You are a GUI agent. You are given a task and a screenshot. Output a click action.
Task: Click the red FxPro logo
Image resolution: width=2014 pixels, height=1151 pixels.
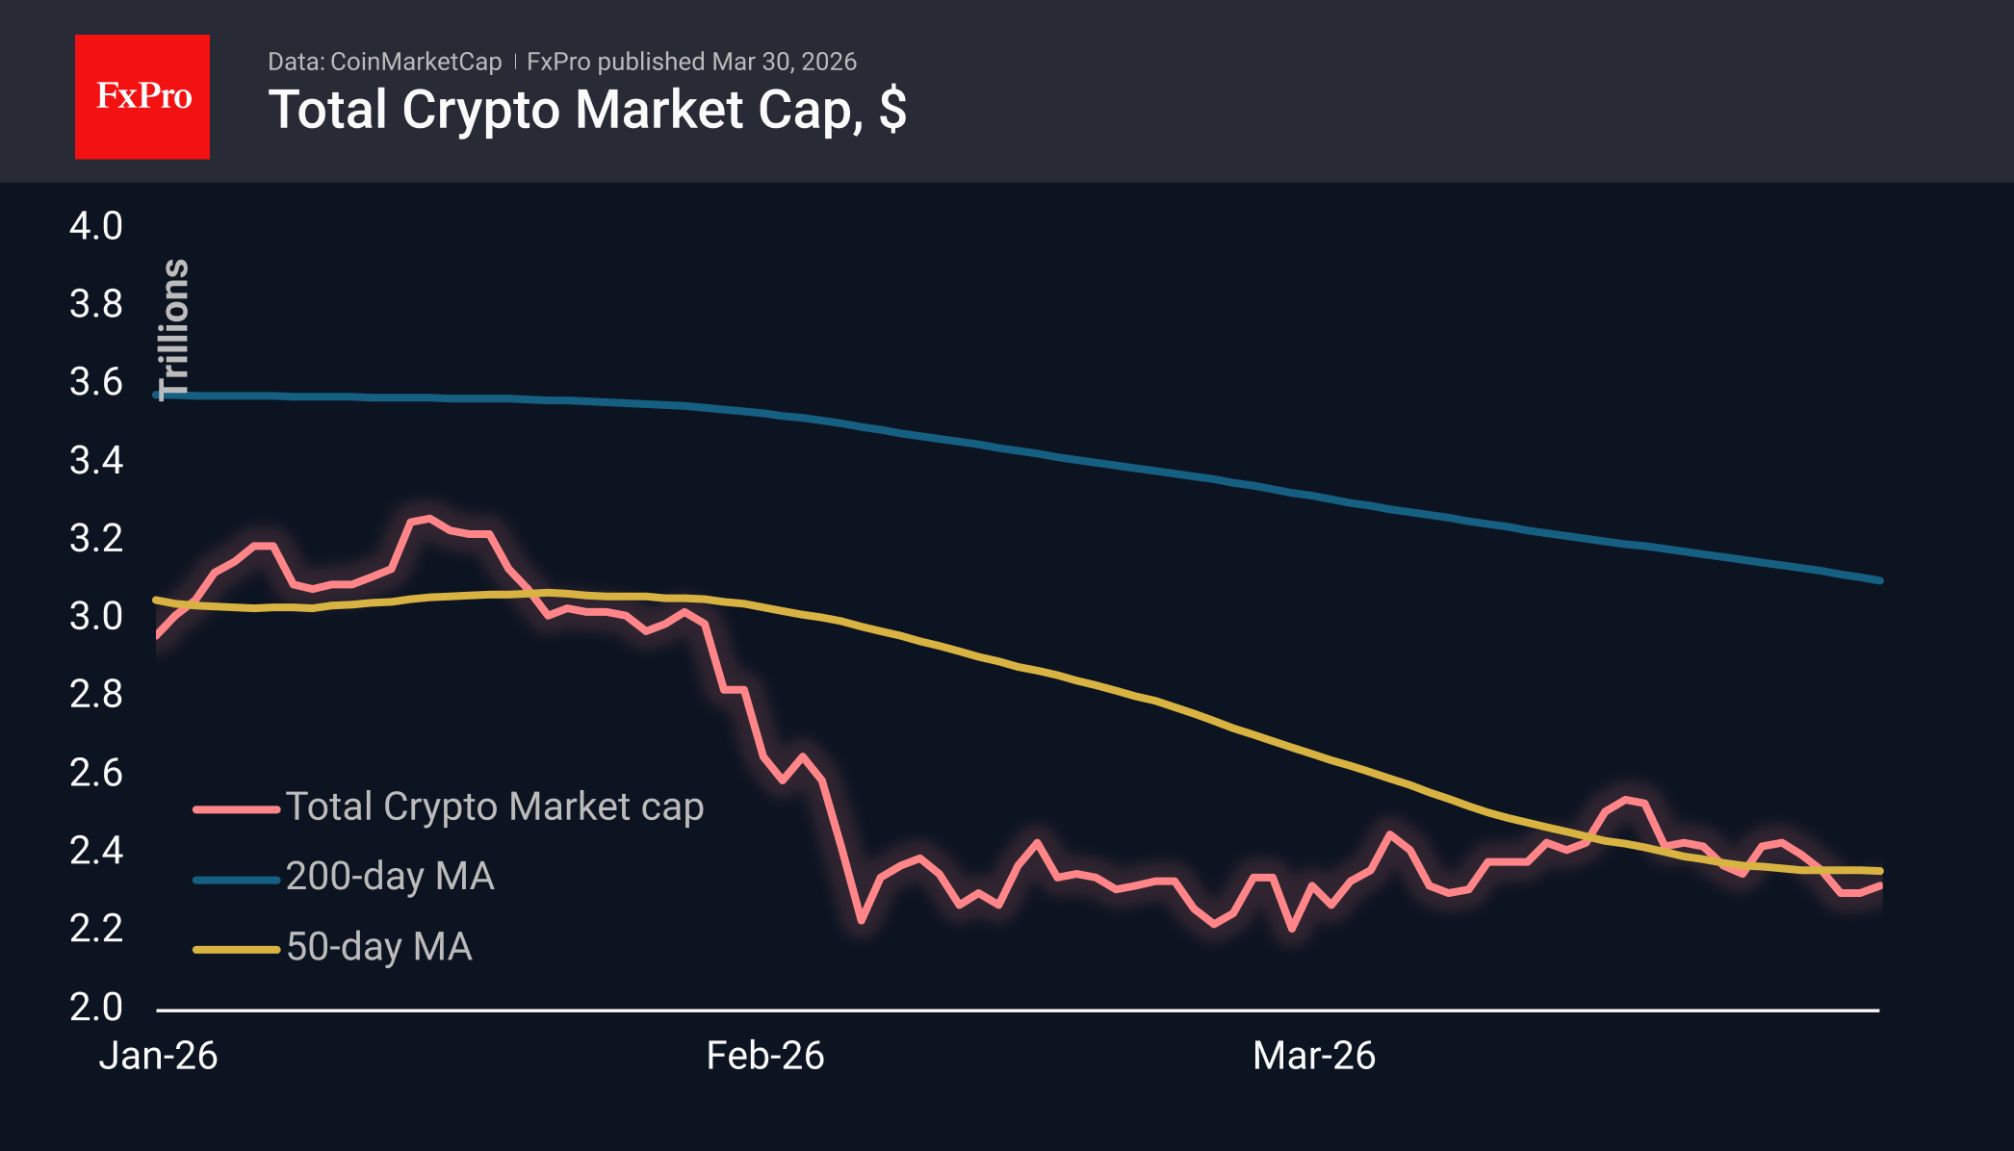click(x=142, y=96)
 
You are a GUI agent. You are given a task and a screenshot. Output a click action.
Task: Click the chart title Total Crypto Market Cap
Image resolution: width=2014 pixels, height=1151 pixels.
click(x=586, y=110)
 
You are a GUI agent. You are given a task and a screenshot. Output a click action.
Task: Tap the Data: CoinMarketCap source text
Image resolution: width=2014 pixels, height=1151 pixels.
click(x=384, y=62)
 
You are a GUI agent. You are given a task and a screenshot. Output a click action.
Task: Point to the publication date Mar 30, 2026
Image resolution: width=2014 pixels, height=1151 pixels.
click(x=784, y=62)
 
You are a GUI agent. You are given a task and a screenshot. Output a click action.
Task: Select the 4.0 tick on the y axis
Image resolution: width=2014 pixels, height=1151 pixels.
click(x=95, y=226)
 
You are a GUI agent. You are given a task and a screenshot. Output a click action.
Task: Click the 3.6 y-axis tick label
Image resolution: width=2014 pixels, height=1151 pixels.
click(x=95, y=382)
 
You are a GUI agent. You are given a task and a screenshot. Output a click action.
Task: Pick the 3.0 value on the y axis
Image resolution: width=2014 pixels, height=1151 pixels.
click(x=95, y=616)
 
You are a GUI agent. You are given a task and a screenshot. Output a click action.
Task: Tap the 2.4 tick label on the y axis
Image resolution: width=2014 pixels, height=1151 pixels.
click(x=95, y=851)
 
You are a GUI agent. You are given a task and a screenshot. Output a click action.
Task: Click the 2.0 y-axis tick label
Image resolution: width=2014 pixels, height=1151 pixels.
click(x=95, y=1007)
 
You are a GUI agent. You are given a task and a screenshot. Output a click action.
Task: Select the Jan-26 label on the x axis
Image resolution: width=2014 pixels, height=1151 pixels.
click(x=158, y=1056)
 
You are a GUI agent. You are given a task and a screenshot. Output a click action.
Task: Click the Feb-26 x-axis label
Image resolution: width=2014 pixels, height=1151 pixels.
click(x=765, y=1056)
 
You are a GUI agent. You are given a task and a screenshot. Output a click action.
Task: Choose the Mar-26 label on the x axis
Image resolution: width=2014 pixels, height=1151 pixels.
click(x=1314, y=1056)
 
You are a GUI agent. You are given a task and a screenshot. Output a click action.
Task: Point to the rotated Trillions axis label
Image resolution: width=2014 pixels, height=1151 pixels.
click(x=174, y=329)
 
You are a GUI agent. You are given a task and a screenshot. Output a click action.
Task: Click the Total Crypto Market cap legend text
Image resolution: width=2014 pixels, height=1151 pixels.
click(x=495, y=806)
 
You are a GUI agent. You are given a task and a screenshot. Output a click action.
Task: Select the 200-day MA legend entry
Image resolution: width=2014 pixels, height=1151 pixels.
click(x=390, y=877)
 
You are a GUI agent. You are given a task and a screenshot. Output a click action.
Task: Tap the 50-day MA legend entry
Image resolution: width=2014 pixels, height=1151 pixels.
click(x=379, y=947)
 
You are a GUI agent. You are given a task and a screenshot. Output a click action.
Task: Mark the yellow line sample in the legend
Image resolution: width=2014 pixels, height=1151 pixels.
click(x=236, y=950)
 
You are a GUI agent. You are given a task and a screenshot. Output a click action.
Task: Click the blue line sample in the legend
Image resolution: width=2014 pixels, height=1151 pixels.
click(x=236, y=880)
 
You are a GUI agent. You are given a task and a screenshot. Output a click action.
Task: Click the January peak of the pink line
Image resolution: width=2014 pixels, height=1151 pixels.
click(x=428, y=519)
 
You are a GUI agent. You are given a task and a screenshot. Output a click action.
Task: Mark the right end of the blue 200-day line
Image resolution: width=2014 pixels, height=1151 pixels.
click(x=1879, y=580)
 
